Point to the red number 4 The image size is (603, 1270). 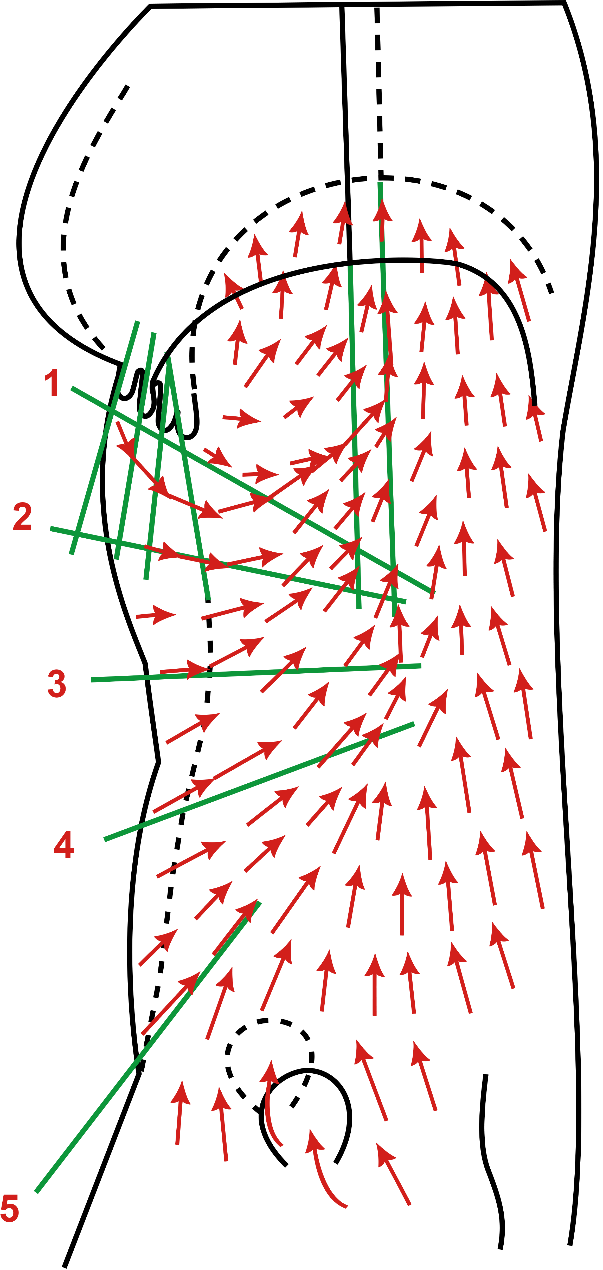[64, 845]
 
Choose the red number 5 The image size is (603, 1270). [10, 1208]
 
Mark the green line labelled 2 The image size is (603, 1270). [228, 565]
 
